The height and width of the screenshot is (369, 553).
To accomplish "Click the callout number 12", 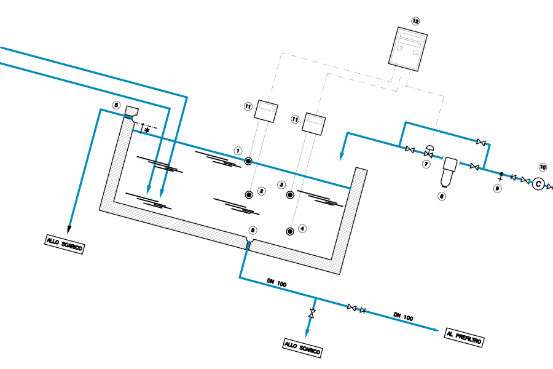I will [415, 21].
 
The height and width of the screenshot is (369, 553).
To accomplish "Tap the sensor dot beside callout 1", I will [248, 161].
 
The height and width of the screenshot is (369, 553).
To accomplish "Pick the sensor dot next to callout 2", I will [249, 194].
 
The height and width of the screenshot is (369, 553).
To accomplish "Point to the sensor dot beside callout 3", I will [290, 196].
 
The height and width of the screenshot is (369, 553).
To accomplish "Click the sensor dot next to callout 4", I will [290, 231].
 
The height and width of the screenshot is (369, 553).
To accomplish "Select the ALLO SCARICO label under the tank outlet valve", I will [302, 347].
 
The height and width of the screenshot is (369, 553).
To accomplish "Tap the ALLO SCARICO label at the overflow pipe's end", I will [64, 244].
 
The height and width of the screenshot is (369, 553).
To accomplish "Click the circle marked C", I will [538, 183].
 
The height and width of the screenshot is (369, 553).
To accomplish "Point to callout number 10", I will [543, 166].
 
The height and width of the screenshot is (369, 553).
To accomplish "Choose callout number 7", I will [425, 164].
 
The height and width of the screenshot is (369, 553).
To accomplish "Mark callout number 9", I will [497, 189].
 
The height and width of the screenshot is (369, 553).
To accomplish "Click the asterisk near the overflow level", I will [146, 130].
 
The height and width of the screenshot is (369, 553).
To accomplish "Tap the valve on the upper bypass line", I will [481, 143].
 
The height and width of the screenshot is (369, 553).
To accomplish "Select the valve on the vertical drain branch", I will [312, 315].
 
